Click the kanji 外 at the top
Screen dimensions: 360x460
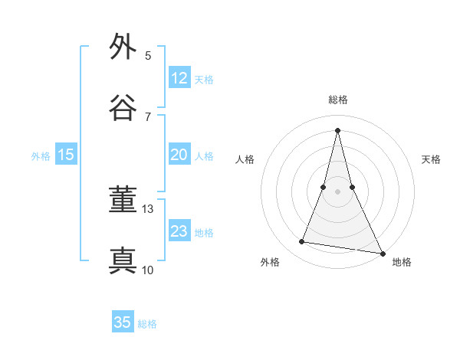coord(123,47)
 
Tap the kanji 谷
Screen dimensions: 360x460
coord(123,108)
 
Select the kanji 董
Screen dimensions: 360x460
coord(123,201)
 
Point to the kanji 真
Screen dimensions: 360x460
coord(123,261)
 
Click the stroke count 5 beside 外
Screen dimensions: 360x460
coord(148,55)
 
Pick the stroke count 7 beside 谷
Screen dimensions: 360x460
coord(148,116)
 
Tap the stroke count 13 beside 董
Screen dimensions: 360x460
coord(148,208)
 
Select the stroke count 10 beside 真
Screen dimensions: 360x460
coord(148,270)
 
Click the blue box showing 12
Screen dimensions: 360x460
coord(179,78)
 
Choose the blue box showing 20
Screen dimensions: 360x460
coord(179,155)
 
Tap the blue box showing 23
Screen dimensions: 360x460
coord(179,231)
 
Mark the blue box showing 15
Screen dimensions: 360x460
coord(66,155)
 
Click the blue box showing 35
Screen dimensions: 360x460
coord(123,322)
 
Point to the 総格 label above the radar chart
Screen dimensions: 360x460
coord(337,100)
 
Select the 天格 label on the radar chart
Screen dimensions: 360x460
coord(431,159)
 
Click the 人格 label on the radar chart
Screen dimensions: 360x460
coord(245,159)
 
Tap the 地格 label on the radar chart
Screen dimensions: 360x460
coord(402,262)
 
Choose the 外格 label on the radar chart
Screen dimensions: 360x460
coord(270,262)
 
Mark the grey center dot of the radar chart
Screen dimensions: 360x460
coord(337,191)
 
